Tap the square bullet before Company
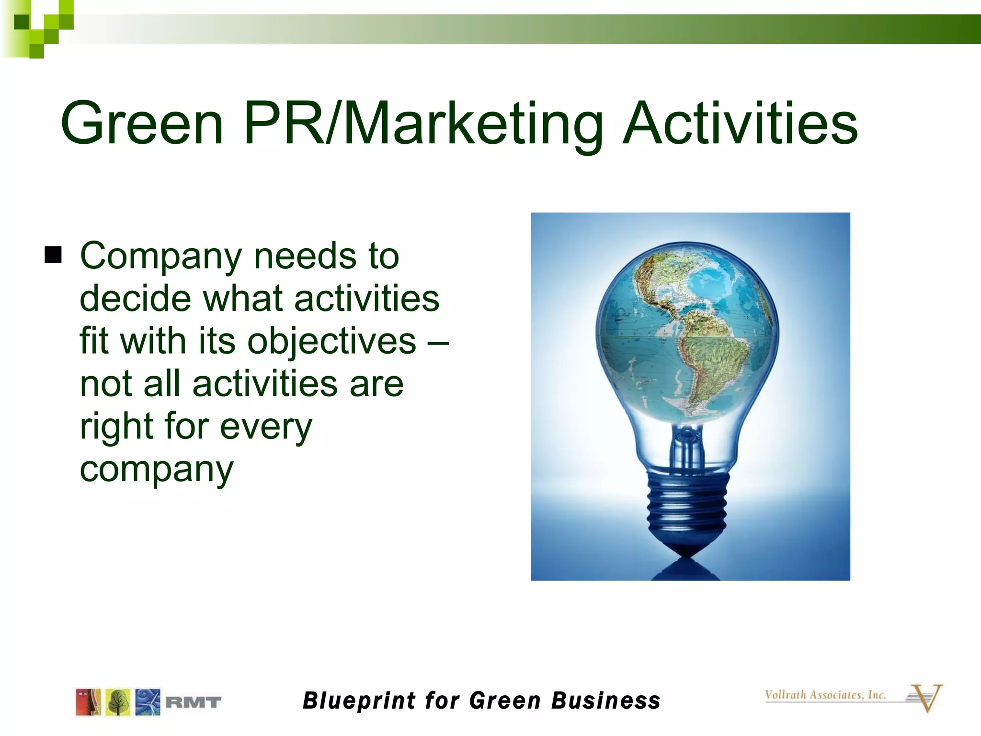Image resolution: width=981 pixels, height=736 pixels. (53, 255)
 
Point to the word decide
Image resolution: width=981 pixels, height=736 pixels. (135, 299)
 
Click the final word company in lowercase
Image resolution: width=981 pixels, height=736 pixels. (157, 470)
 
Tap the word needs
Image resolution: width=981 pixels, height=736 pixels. (305, 256)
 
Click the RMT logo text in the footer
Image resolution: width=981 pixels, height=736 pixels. (194, 702)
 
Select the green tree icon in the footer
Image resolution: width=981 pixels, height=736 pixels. (118, 702)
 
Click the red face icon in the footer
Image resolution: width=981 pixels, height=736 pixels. (88, 702)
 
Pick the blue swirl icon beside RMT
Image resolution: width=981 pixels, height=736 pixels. (148, 702)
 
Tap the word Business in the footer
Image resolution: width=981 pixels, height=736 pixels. (605, 701)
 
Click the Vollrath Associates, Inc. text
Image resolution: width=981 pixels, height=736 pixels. (825, 695)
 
